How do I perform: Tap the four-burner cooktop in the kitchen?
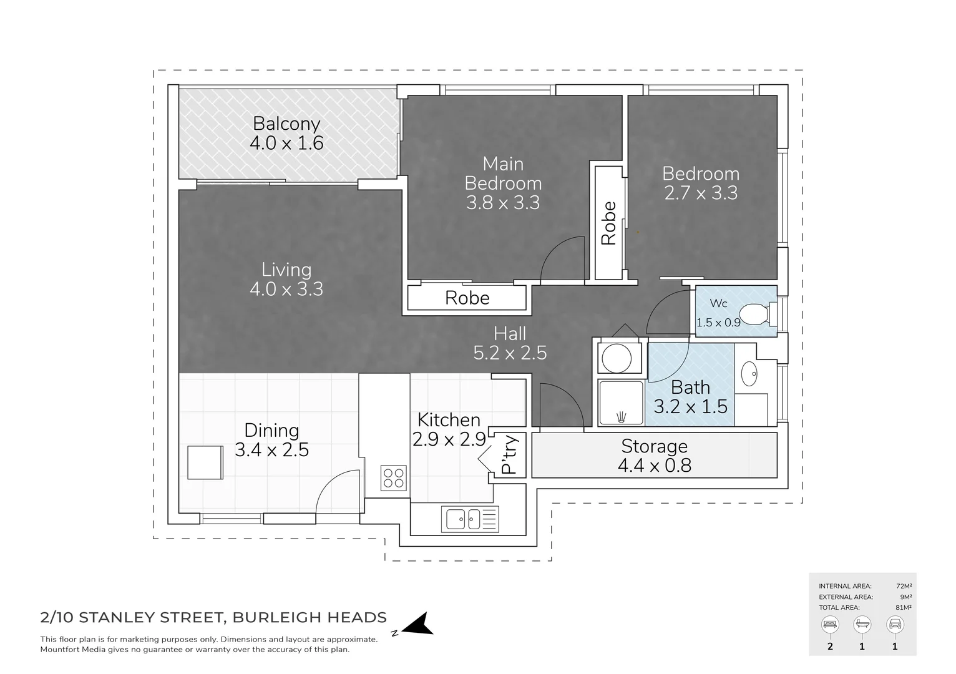pos(394,479)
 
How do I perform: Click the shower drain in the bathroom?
pos(621,416)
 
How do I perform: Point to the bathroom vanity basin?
pos(749,374)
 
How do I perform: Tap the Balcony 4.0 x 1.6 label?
pos(286,134)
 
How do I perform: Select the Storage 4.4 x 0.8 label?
pos(654,456)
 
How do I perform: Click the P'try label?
pos(510,455)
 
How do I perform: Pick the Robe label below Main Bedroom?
pos(467,298)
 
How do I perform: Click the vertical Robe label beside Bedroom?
pos(608,223)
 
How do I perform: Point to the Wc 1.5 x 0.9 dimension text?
pos(718,323)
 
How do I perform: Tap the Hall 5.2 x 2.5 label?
pos(510,343)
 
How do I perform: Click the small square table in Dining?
pos(205,462)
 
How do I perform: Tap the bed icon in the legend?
pos(830,624)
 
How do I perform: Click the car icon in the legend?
pos(895,624)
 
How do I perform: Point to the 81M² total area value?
pos(903,607)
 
